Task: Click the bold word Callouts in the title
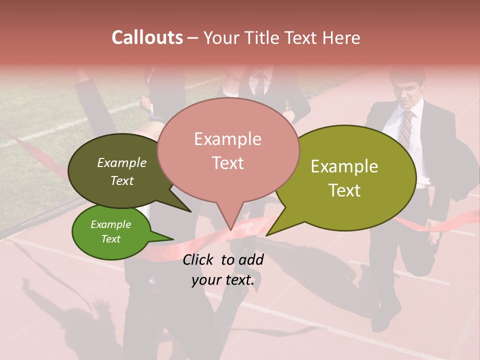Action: point(147,37)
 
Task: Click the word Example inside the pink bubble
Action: point(227,139)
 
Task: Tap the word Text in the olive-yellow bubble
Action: point(344,190)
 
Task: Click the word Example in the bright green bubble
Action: point(110,224)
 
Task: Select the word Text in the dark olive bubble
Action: point(121,180)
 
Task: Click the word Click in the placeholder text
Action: point(199,259)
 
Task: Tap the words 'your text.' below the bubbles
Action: point(222,280)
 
